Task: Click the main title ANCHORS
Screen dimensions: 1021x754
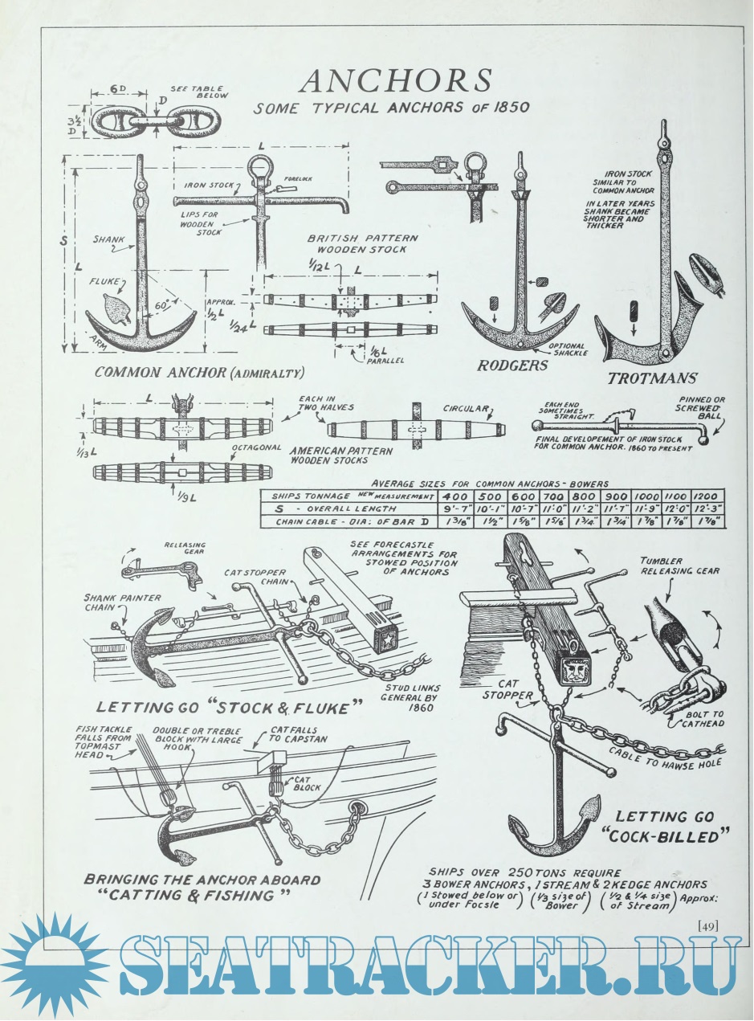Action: click(394, 81)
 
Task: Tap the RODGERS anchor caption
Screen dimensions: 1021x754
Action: click(512, 366)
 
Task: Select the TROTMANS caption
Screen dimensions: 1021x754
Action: click(652, 378)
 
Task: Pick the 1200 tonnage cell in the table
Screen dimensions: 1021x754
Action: click(709, 496)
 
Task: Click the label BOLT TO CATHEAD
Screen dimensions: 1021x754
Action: click(703, 716)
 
